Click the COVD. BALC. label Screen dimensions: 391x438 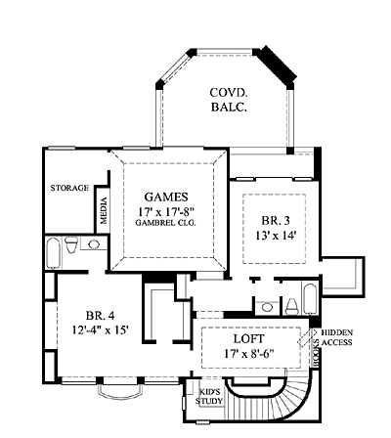[x=229, y=100]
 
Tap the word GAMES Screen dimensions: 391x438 [x=166, y=197]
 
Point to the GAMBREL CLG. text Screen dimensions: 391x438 [x=165, y=223]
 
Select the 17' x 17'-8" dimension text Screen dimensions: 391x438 [x=166, y=211]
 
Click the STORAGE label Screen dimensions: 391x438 [x=69, y=188]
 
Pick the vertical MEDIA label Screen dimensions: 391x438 [x=104, y=211]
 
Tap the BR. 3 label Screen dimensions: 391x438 [x=276, y=221]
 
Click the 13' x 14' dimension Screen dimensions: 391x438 [x=276, y=235]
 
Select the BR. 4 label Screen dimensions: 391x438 [x=101, y=316]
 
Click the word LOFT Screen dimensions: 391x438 [x=249, y=339]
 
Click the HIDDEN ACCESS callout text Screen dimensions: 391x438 [x=337, y=337]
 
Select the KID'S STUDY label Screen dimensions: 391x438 [x=209, y=396]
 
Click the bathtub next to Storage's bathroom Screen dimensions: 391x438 [x=53, y=253]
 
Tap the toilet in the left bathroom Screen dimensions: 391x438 [x=71, y=244]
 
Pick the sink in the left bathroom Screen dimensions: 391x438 [x=94, y=244]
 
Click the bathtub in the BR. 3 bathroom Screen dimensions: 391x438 [x=310, y=298]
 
